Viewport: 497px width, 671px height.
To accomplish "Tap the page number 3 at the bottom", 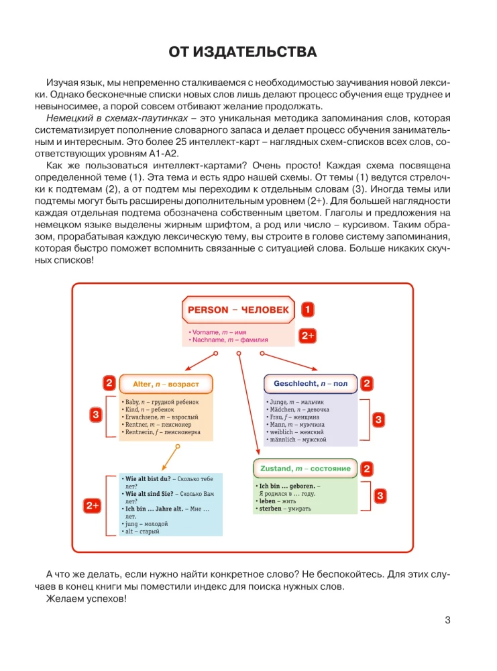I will coord(448,619).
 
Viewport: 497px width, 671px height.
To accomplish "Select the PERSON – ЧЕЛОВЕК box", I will coord(238,310).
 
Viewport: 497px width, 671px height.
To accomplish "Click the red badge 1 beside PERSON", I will coord(307,310).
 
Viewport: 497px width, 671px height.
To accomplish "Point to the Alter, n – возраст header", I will coord(166,384).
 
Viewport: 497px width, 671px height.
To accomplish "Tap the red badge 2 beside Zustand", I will coord(367,468).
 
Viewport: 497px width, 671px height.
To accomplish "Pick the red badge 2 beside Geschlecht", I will coord(367,384).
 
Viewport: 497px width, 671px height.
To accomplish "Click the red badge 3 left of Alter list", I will coord(96,415).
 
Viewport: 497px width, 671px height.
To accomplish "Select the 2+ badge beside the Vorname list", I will coord(307,335).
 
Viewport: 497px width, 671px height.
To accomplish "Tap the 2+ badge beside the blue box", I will coord(93,506).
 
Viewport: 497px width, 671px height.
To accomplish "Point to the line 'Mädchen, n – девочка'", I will coord(298,409).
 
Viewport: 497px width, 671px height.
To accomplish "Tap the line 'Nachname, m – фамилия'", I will coord(229,340).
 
